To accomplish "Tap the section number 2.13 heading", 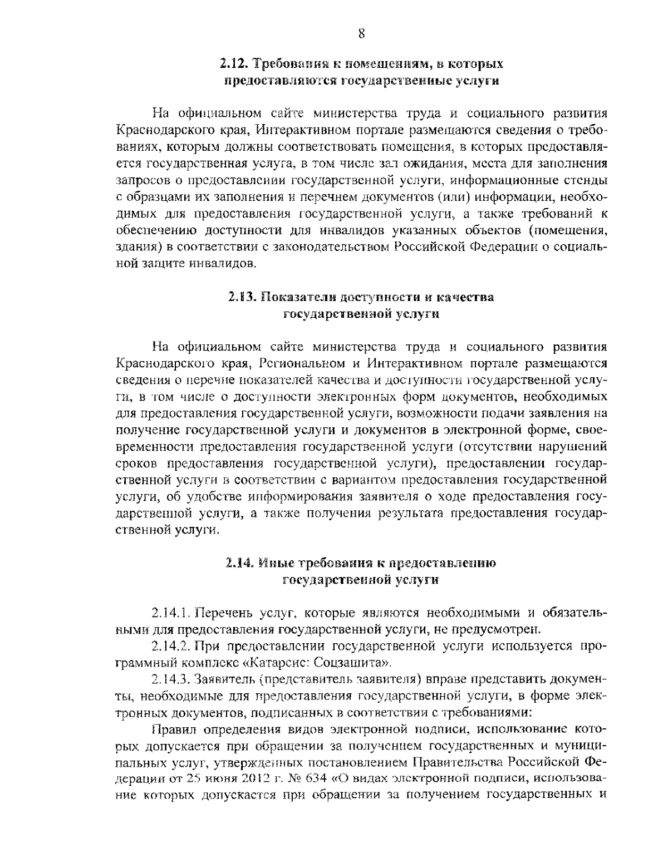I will pyautogui.click(x=242, y=297).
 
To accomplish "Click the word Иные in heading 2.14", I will pyautogui.click(x=274, y=563).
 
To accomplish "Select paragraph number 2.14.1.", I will pyautogui.click(x=171, y=613).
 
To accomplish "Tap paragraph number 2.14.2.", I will pyautogui.click(x=171, y=647).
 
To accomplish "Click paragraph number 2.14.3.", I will pyautogui.click(x=171, y=680).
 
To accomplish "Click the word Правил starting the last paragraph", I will pyautogui.click(x=170, y=728).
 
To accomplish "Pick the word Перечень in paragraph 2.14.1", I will pyautogui.click(x=226, y=613).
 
